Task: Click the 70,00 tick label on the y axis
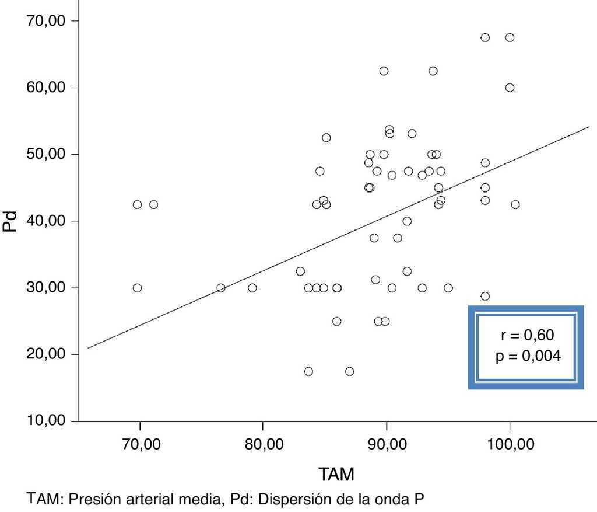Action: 45,21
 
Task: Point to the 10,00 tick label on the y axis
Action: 45,421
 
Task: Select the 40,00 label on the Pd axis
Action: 45,221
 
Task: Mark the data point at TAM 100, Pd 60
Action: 510,88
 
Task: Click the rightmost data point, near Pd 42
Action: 515,204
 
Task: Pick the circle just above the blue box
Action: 485,296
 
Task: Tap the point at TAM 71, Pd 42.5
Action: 153,204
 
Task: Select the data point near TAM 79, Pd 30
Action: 252,288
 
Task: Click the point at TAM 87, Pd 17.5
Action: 349,371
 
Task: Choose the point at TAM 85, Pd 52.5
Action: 326,138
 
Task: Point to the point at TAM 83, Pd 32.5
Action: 300,271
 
